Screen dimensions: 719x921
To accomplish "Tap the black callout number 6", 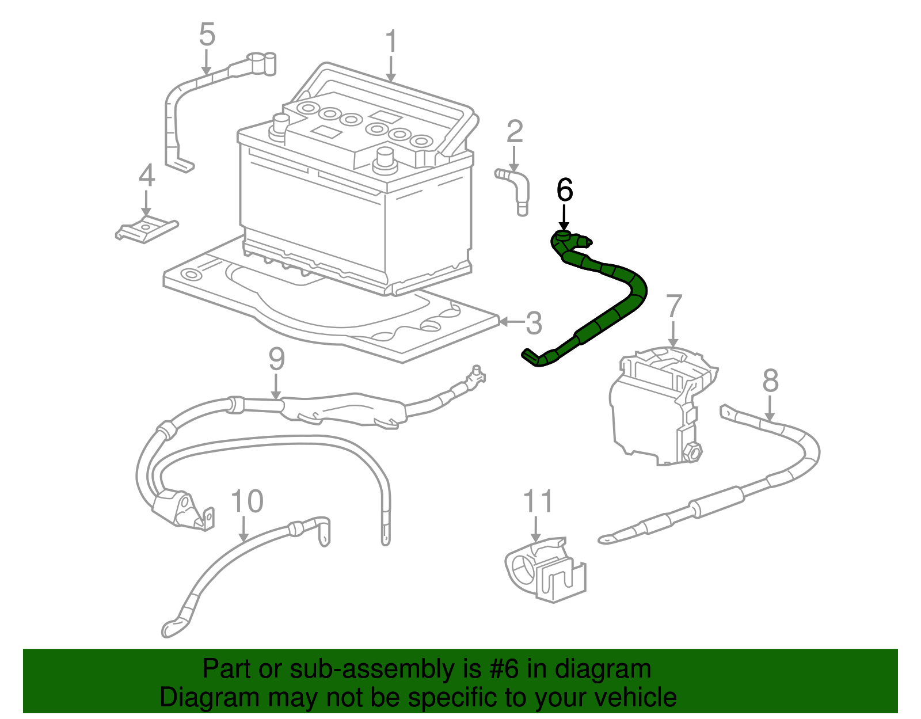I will click(x=565, y=190).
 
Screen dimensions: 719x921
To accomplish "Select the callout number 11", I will click(x=538, y=501).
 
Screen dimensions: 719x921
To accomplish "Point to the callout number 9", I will click(x=277, y=359).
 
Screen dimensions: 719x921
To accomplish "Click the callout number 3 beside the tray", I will click(x=534, y=323).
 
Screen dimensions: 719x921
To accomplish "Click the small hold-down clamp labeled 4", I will click(x=146, y=230).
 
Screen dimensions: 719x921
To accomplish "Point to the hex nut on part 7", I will click(x=691, y=451).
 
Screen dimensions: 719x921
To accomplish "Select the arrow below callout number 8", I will click(x=770, y=410).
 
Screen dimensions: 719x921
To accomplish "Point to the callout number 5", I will click(x=207, y=35).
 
